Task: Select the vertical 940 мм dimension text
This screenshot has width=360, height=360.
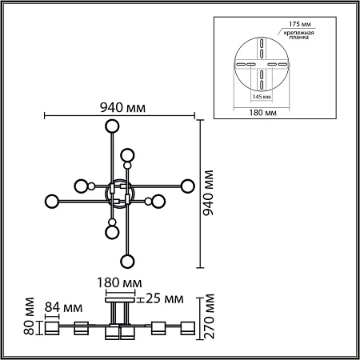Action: coord(210,194)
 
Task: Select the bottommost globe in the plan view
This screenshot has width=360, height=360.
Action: coord(126,261)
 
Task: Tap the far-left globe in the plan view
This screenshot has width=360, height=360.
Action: coord(52,200)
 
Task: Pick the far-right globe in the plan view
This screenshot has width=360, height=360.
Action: coord(188,186)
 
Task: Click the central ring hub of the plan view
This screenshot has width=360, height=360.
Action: coord(120,193)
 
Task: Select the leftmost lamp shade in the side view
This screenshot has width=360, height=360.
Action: coord(53,328)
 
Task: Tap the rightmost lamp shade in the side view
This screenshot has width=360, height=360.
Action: coord(188,328)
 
